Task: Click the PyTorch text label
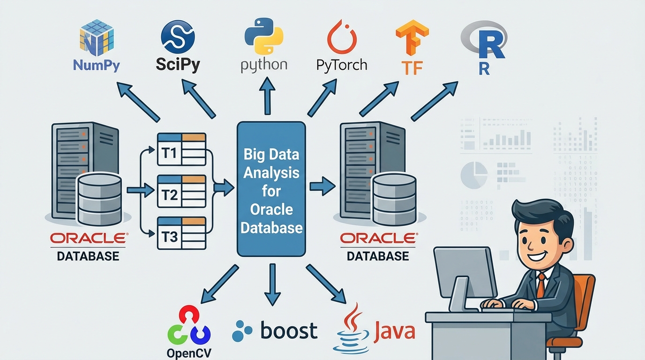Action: tap(342, 65)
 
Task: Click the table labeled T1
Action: tap(181, 149)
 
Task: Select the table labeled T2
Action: tap(181, 191)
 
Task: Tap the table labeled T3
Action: tap(181, 233)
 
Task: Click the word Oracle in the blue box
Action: tap(271, 209)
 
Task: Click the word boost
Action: tap(288, 330)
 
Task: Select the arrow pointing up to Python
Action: tap(268, 96)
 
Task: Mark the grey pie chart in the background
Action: tap(474, 175)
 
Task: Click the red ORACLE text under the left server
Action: tap(88, 239)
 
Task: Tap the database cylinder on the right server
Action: tap(393, 199)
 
